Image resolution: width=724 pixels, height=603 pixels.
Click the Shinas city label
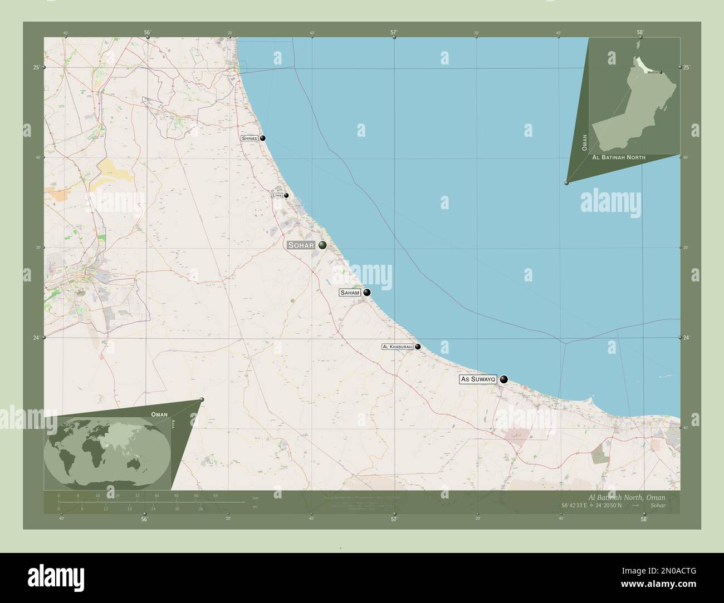pos(249,138)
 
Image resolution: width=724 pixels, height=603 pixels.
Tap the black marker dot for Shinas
pos(262,138)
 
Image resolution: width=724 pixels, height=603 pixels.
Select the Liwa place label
pos(277,196)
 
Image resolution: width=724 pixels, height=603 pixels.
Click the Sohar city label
pos(301,245)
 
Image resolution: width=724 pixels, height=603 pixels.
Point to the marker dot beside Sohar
pos(322,245)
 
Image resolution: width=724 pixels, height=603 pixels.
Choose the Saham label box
pos(350,293)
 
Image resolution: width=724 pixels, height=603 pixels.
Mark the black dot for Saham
pos(367,293)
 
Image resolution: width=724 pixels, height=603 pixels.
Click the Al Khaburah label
pos(397,347)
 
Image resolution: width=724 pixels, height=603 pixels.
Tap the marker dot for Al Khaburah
pos(418,347)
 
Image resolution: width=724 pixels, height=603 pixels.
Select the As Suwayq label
pos(477,379)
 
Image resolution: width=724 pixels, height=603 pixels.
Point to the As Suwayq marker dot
pos(504,379)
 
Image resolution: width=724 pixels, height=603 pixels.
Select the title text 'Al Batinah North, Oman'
pos(627,496)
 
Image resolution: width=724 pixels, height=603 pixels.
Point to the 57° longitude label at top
pos(393,32)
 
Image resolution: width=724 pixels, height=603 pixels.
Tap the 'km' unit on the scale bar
pos(255,497)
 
